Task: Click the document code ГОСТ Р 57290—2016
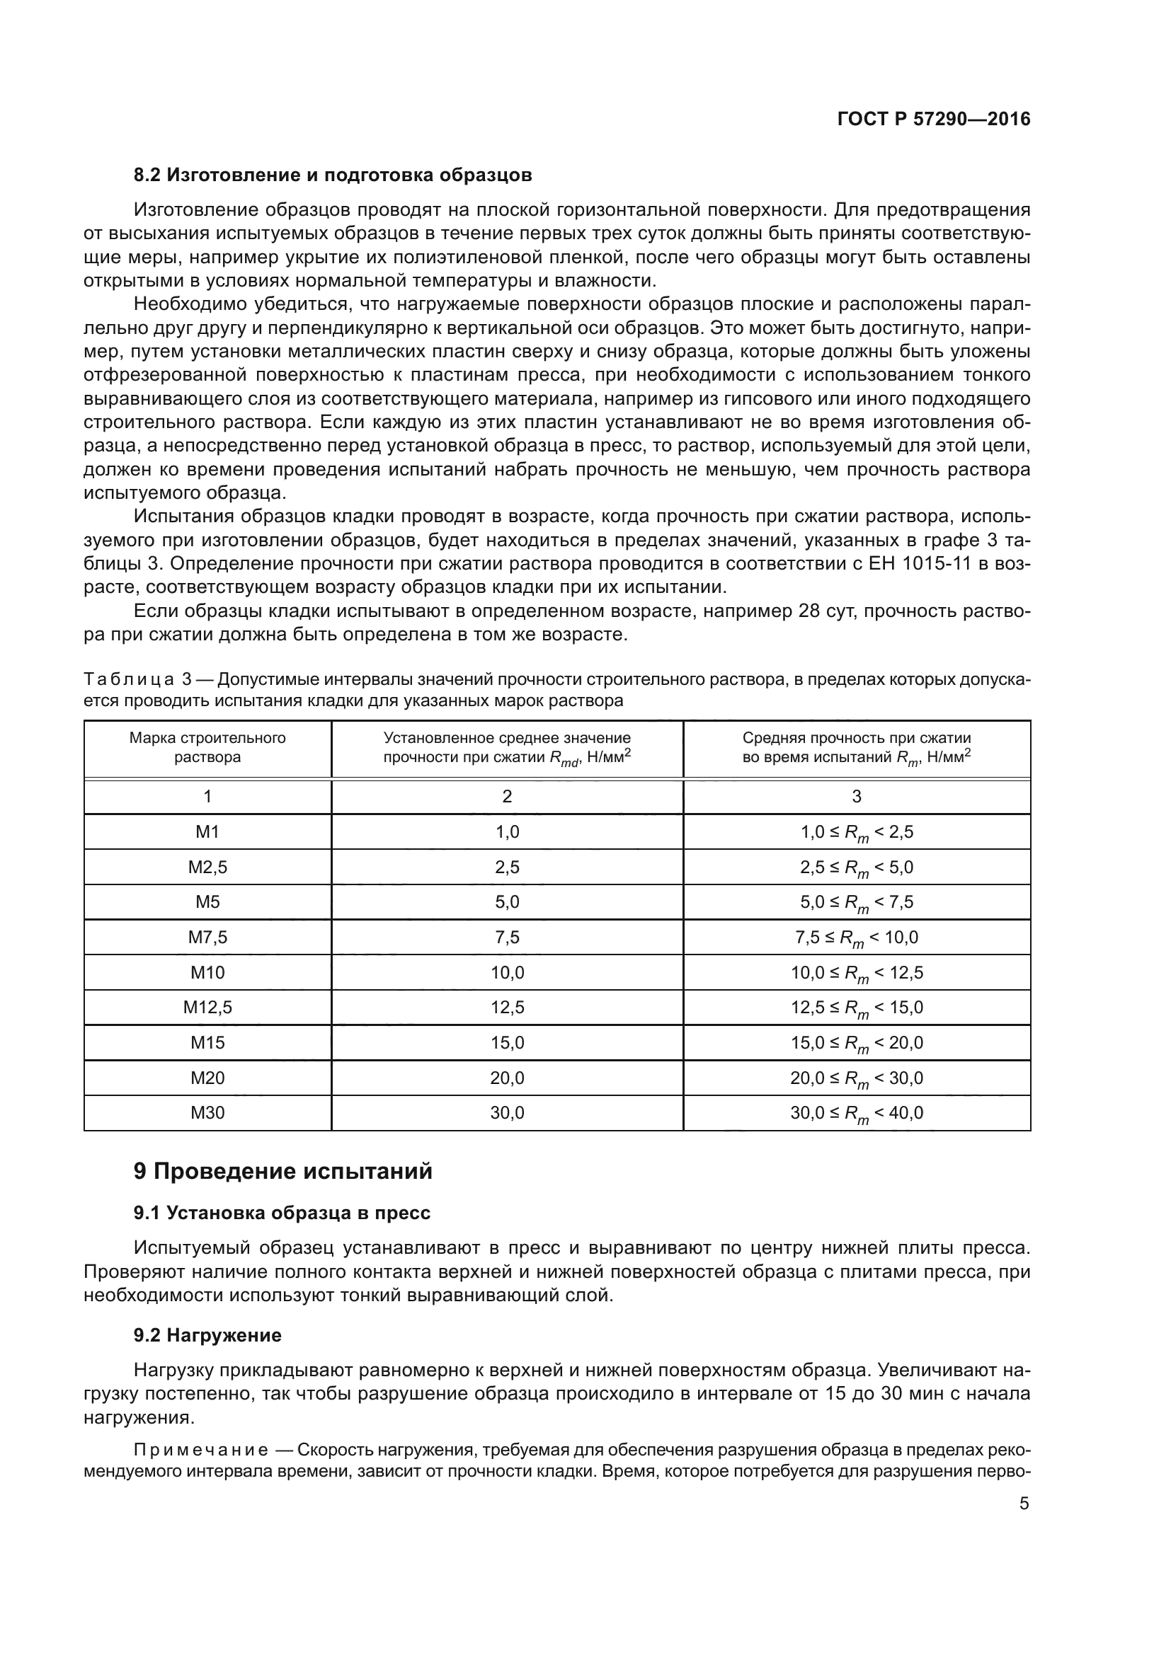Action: pyautogui.click(x=934, y=120)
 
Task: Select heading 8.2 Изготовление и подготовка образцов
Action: pyautogui.click(x=333, y=175)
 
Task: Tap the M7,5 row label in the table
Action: pyautogui.click(x=207, y=937)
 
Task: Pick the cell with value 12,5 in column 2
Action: pyautogui.click(x=507, y=1007)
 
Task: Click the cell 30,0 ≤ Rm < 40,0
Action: pyautogui.click(x=856, y=1113)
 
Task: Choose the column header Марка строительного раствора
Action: pyautogui.click(x=207, y=747)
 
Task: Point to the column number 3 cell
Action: pyautogui.click(x=856, y=797)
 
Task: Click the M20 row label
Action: pyautogui.click(x=207, y=1078)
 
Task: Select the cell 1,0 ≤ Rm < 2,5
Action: pyautogui.click(x=856, y=833)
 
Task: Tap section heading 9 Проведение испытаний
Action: pyautogui.click(x=282, y=1171)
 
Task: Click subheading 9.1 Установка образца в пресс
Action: pyautogui.click(x=282, y=1213)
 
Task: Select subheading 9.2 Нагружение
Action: pyautogui.click(x=207, y=1336)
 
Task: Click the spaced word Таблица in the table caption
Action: pyautogui.click(x=128, y=680)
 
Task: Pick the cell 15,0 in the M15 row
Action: pyautogui.click(x=507, y=1042)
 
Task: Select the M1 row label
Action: pyautogui.click(x=207, y=832)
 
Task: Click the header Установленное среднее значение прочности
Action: pyautogui.click(x=507, y=747)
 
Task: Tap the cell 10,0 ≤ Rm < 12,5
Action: pyautogui.click(x=856, y=973)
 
